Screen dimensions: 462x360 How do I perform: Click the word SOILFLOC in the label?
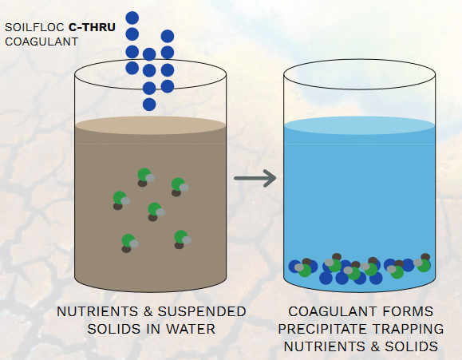(x=34, y=27)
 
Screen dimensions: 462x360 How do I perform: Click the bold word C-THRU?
(x=92, y=27)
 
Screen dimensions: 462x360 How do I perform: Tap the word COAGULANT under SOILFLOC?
(x=41, y=42)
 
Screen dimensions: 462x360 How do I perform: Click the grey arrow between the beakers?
(x=255, y=178)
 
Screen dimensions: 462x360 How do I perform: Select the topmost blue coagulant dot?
(x=132, y=18)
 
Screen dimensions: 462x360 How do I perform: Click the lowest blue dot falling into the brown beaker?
(x=149, y=105)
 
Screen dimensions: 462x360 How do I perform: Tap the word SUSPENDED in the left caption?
(x=202, y=311)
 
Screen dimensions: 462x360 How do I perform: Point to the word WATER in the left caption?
(x=191, y=329)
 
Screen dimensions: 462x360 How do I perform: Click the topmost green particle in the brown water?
(x=144, y=175)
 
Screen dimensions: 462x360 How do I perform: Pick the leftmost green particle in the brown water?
(x=120, y=198)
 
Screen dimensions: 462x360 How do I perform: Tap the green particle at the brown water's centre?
(x=155, y=209)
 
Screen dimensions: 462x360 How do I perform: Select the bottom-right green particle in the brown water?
(x=181, y=237)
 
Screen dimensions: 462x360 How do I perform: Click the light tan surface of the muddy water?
(x=150, y=126)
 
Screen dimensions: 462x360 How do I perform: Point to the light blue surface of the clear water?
(x=359, y=126)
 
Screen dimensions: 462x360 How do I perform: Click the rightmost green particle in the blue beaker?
(x=424, y=266)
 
